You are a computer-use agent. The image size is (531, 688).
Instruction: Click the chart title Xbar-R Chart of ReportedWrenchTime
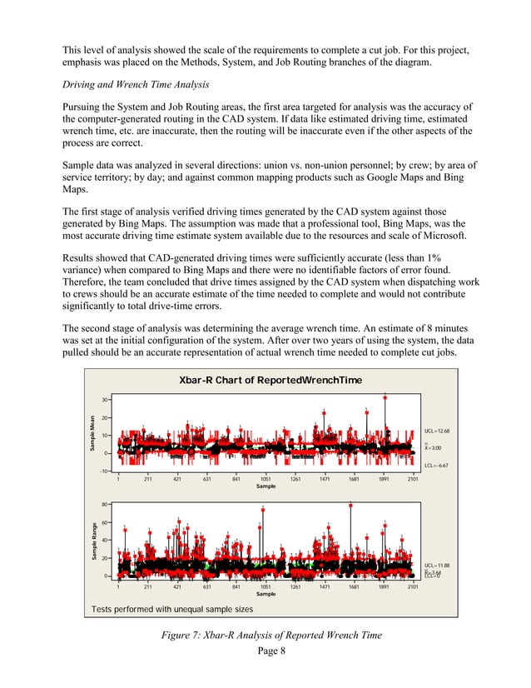pyautogui.click(x=265, y=381)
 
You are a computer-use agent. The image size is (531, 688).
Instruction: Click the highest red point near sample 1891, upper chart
pyautogui.click(x=385, y=397)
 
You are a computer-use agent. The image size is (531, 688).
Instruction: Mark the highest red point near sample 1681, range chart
pyautogui.click(x=350, y=506)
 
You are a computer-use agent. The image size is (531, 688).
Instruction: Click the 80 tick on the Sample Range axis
pyautogui.click(x=107, y=505)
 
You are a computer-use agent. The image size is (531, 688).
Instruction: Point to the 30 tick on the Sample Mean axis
pyautogui.click(x=107, y=400)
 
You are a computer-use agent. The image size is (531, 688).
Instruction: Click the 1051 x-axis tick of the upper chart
pyautogui.click(x=265, y=479)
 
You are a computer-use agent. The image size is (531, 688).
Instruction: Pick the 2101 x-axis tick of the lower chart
pyautogui.click(x=412, y=586)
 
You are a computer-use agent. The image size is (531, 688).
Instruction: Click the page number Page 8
pyautogui.click(x=265, y=651)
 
